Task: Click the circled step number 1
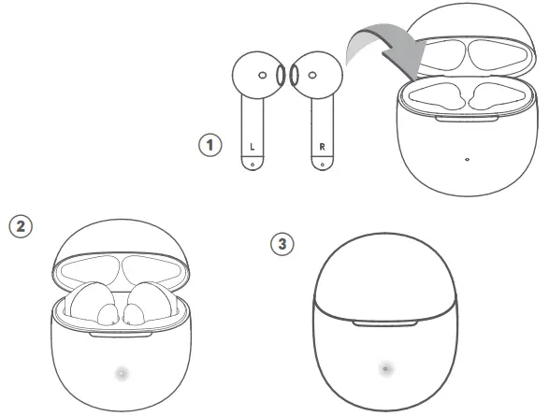(210, 146)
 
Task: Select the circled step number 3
(282, 243)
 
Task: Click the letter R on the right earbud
(322, 147)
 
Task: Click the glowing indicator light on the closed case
(384, 369)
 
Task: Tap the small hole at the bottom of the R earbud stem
(322, 165)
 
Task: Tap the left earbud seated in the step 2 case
(94, 305)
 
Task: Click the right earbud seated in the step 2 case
(147, 305)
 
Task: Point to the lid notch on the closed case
(384, 324)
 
